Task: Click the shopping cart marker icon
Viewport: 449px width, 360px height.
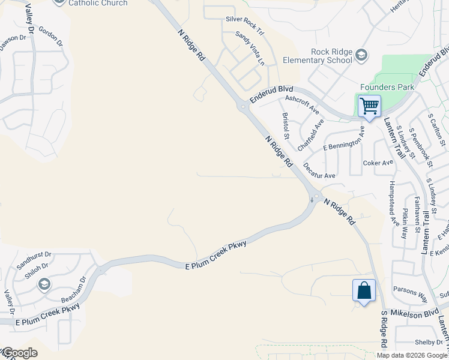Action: coord(369,107)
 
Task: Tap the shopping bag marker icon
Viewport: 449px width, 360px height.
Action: coord(364,291)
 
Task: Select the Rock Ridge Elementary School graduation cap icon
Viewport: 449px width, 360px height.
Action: coord(361,56)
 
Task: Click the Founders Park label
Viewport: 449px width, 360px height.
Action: coord(387,87)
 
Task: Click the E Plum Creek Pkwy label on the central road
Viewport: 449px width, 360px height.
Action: coord(216,254)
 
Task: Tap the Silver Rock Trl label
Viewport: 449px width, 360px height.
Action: coord(246,19)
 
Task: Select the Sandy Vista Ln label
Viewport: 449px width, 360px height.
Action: coord(250,48)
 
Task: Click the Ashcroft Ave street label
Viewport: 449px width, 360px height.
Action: coord(303,104)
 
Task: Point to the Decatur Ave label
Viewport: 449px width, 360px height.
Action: coord(319,171)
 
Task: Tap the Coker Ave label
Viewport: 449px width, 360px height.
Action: coord(378,163)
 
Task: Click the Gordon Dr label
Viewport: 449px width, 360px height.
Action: coord(50,37)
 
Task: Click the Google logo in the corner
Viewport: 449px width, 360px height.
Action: coord(19,353)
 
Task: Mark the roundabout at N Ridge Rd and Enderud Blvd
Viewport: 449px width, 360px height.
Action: coord(243,108)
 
